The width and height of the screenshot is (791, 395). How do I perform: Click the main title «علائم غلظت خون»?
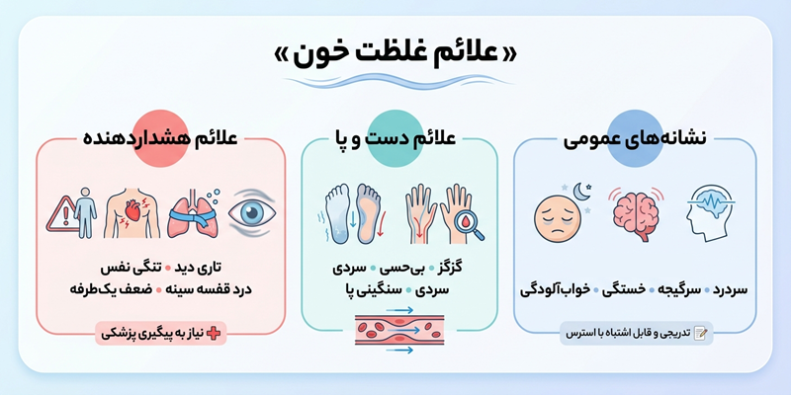pos(395,50)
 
